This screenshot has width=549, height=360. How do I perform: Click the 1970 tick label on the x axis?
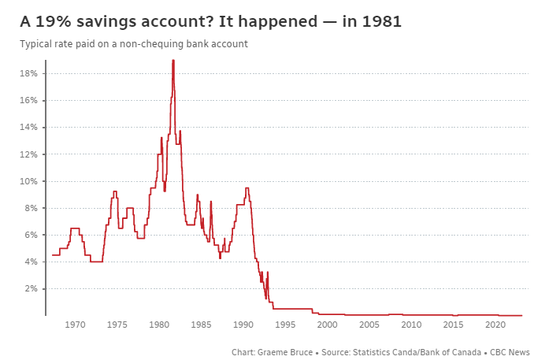pos(76,325)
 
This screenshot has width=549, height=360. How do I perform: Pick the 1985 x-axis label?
pos(202,325)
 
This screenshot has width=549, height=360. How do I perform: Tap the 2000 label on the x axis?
pos(328,325)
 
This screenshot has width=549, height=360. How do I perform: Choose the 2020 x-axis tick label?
pos(495,325)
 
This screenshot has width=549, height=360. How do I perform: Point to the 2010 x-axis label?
pos(412,325)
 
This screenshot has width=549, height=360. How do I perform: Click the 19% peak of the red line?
pos(173,60)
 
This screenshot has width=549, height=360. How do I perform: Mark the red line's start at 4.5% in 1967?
pos(53,254)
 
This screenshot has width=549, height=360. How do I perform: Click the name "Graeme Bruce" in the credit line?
pos(289,351)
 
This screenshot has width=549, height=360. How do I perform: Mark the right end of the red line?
pos(521,315)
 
